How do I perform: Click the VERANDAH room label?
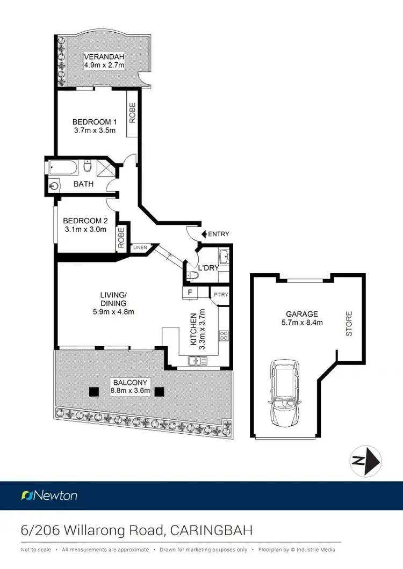(x=104, y=57)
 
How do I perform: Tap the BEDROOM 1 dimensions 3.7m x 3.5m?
(x=95, y=130)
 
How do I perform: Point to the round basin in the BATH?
(x=53, y=186)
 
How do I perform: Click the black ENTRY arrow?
(x=204, y=234)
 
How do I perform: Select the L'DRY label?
(x=207, y=267)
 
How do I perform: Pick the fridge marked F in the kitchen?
(x=190, y=293)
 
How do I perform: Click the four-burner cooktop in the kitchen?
(x=224, y=337)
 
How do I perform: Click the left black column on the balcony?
(x=93, y=391)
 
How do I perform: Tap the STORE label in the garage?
(x=349, y=324)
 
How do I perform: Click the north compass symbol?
(x=365, y=461)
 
